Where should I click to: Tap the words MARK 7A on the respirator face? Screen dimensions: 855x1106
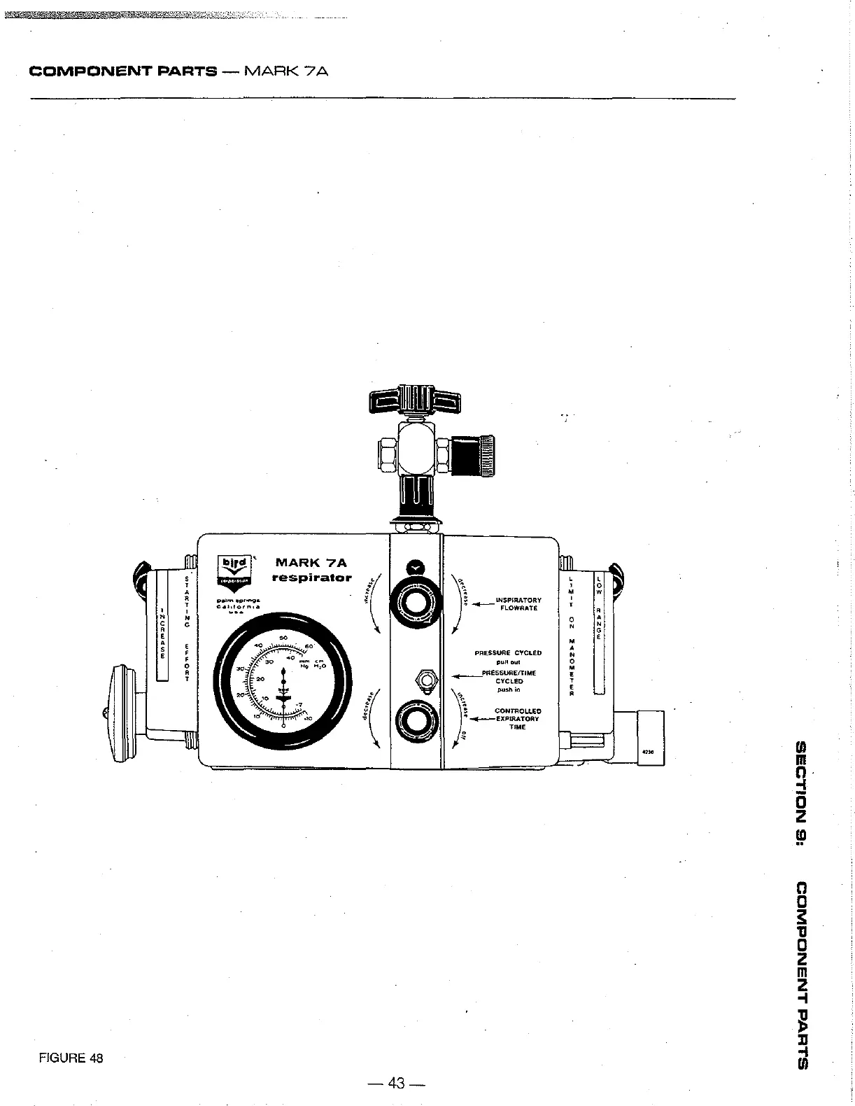pos(311,562)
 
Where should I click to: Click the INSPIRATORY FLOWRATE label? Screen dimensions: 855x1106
pos(518,604)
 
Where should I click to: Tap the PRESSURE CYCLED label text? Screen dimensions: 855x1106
pos(508,652)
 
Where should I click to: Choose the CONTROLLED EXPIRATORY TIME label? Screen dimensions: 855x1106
pos(517,719)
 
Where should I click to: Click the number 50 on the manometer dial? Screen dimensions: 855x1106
pos(283,638)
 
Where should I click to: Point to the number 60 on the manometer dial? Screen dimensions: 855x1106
pos(309,646)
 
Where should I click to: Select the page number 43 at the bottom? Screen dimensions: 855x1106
pos(397,1083)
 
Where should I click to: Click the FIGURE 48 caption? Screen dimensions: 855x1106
pos(71,1058)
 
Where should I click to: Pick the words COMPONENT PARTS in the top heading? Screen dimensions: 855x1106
pos(123,71)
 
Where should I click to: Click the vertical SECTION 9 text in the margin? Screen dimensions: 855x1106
pos(802,791)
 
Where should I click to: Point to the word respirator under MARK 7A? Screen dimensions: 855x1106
pos(311,578)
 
